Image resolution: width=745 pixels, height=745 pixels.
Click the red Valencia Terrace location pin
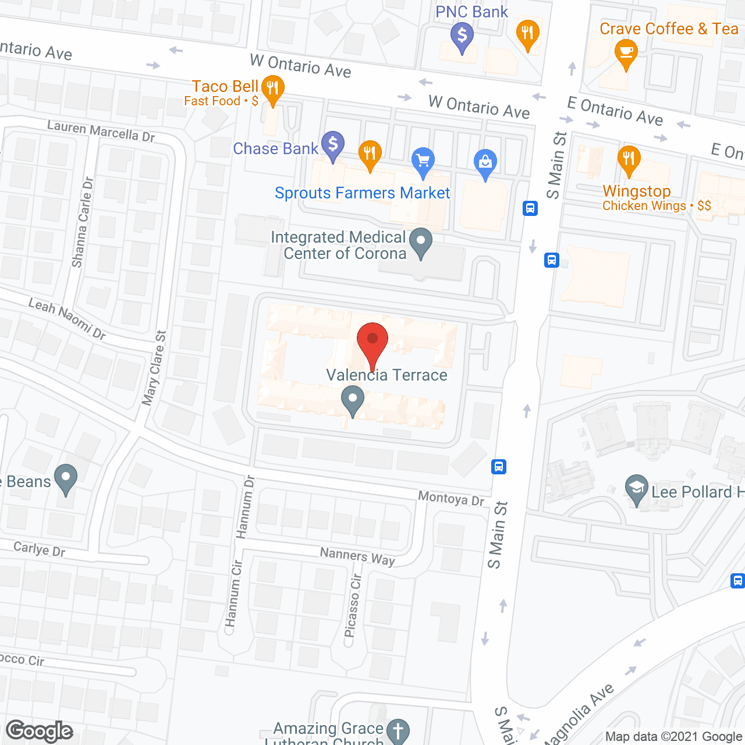(372, 339)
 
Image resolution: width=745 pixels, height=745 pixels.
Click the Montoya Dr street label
(451, 498)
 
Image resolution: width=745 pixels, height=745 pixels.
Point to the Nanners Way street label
(357, 556)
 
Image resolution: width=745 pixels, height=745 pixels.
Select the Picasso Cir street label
(353, 605)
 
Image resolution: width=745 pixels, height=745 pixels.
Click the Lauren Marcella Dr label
(101, 131)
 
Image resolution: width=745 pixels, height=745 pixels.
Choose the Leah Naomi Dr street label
(67, 318)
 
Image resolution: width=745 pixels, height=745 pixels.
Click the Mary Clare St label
(154, 368)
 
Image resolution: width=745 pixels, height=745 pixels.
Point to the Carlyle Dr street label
(39, 549)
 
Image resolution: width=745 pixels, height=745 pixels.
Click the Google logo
(40, 731)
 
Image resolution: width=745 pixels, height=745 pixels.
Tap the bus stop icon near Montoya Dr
(499, 466)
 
